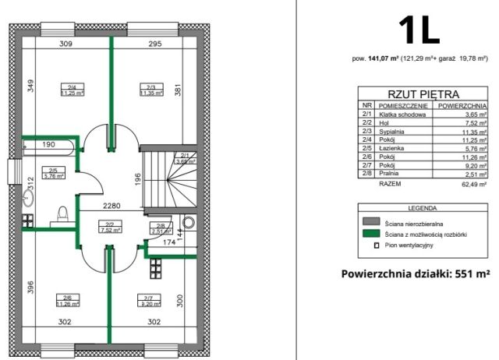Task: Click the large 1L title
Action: click(419, 30)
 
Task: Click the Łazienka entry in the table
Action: click(392, 148)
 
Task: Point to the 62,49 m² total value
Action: click(472, 185)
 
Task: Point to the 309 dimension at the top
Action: click(66, 44)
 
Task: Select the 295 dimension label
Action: click(154, 44)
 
